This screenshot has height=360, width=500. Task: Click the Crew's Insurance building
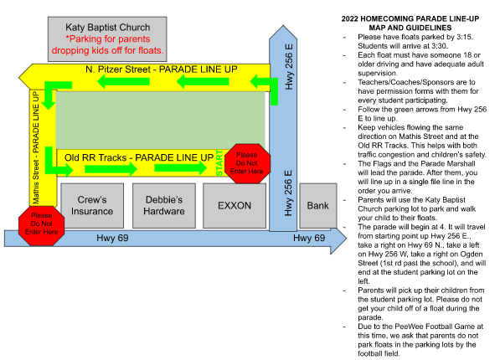point(92,205)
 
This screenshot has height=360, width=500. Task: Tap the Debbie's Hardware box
point(164,205)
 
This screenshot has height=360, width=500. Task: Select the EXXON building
point(235,205)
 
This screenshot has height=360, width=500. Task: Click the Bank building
point(318,205)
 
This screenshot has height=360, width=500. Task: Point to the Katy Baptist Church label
point(108,28)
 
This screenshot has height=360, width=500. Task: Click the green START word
point(219,162)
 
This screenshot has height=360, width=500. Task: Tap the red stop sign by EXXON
point(247,163)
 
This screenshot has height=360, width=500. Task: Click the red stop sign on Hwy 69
point(41,225)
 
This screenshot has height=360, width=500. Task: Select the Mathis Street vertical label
point(36,147)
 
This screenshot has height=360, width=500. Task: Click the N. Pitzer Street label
point(162,69)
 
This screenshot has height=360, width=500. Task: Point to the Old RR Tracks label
point(139,157)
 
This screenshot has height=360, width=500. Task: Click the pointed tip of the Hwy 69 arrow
point(346,238)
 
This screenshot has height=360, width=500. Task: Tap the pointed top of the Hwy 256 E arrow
point(283,26)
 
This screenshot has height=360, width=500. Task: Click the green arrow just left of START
point(181,167)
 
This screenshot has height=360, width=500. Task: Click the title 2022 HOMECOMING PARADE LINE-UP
point(410,18)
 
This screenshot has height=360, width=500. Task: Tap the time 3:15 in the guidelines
point(464,37)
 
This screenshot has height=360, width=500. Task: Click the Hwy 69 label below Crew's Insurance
point(112,238)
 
